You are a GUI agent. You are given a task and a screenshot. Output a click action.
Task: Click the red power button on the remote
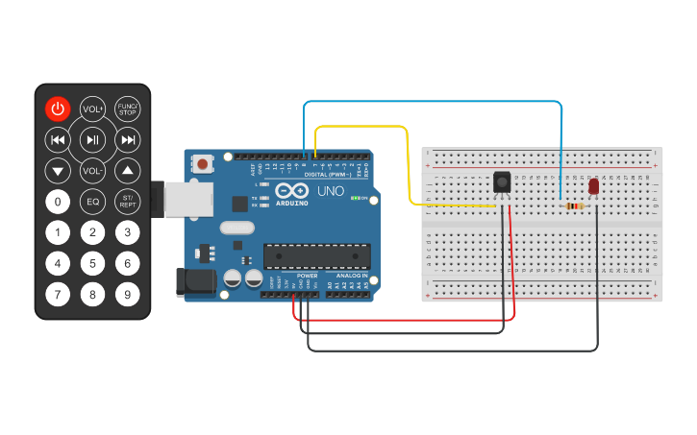point(58,109)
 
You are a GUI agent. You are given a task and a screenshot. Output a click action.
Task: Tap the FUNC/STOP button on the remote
point(127,109)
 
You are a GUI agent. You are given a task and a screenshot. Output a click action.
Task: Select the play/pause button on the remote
point(92,140)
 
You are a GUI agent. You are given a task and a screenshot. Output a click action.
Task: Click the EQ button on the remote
point(92,202)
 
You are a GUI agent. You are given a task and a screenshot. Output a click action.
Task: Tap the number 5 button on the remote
point(92,263)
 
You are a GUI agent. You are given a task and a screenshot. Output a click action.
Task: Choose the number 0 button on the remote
point(58,202)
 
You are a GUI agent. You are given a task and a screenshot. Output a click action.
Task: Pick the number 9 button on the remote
point(127,295)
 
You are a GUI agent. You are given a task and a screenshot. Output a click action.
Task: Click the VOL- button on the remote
point(92,171)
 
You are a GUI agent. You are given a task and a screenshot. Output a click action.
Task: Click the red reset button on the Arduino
point(203,164)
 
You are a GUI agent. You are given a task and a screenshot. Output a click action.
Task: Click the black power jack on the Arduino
point(192,281)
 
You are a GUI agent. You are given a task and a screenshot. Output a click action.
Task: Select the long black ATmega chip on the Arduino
point(316,255)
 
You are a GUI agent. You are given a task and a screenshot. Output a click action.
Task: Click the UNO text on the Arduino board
point(330,191)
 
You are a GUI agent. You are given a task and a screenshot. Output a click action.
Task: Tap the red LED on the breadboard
point(593,186)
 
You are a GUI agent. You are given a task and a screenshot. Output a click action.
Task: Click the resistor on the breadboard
point(575,205)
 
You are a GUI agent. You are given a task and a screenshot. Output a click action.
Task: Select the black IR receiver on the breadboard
point(501,181)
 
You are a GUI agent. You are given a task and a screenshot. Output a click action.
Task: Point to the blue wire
point(433,102)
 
